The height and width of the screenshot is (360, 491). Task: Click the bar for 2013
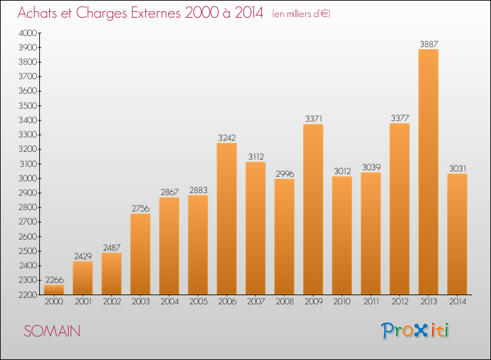(x=428, y=172)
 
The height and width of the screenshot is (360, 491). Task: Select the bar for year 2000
(x=54, y=289)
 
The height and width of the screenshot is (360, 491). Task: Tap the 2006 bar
(x=227, y=219)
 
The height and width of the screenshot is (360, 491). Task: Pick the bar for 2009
(x=313, y=209)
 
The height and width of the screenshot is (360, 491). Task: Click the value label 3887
(x=429, y=44)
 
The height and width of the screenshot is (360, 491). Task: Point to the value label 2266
(x=54, y=279)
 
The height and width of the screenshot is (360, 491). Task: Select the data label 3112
(x=256, y=156)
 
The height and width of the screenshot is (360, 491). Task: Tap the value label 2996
(x=285, y=173)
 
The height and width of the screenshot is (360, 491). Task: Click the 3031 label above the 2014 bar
(x=458, y=168)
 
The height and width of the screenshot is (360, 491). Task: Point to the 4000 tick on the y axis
(x=27, y=33)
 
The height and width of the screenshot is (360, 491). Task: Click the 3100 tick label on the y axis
(x=28, y=164)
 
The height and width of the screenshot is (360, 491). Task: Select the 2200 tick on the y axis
(x=27, y=295)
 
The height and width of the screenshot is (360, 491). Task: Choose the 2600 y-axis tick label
(x=27, y=237)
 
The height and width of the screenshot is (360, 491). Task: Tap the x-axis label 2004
(x=170, y=302)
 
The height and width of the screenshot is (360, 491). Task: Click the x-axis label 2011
(x=371, y=302)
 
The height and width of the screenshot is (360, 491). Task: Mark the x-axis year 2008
(x=285, y=302)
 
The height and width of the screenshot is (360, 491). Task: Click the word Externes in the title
(x=156, y=13)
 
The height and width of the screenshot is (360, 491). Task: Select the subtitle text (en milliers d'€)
(x=301, y=14)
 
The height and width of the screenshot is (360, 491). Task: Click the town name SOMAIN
(x=52, y=331)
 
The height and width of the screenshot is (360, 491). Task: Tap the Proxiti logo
(x=414, y=331)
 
